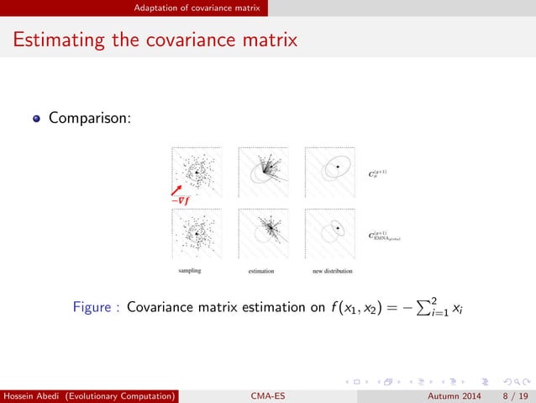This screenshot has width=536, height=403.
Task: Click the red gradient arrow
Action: point(178,189)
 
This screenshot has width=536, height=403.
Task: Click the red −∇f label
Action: point(179,200)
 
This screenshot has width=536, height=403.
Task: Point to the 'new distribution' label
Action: point(332,271)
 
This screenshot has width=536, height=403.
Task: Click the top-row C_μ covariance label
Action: point(377,174)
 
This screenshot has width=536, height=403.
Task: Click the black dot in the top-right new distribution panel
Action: point(337,168)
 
